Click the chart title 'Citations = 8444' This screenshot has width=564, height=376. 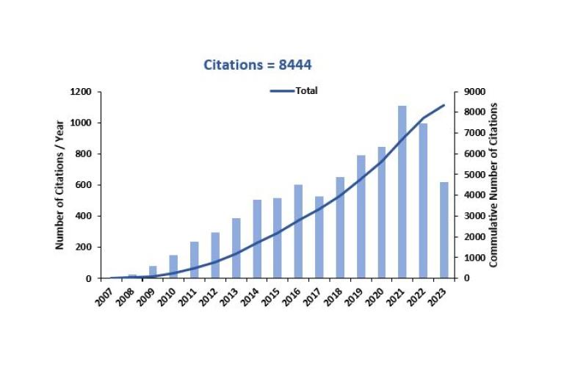[x=258, y=65]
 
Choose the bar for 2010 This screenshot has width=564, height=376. [x=174, y=267]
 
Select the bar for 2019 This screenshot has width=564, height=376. [x=361, y=217]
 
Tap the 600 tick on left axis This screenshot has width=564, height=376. [x=84, y=185]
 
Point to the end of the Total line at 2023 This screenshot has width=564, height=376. [x=444, y=105]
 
